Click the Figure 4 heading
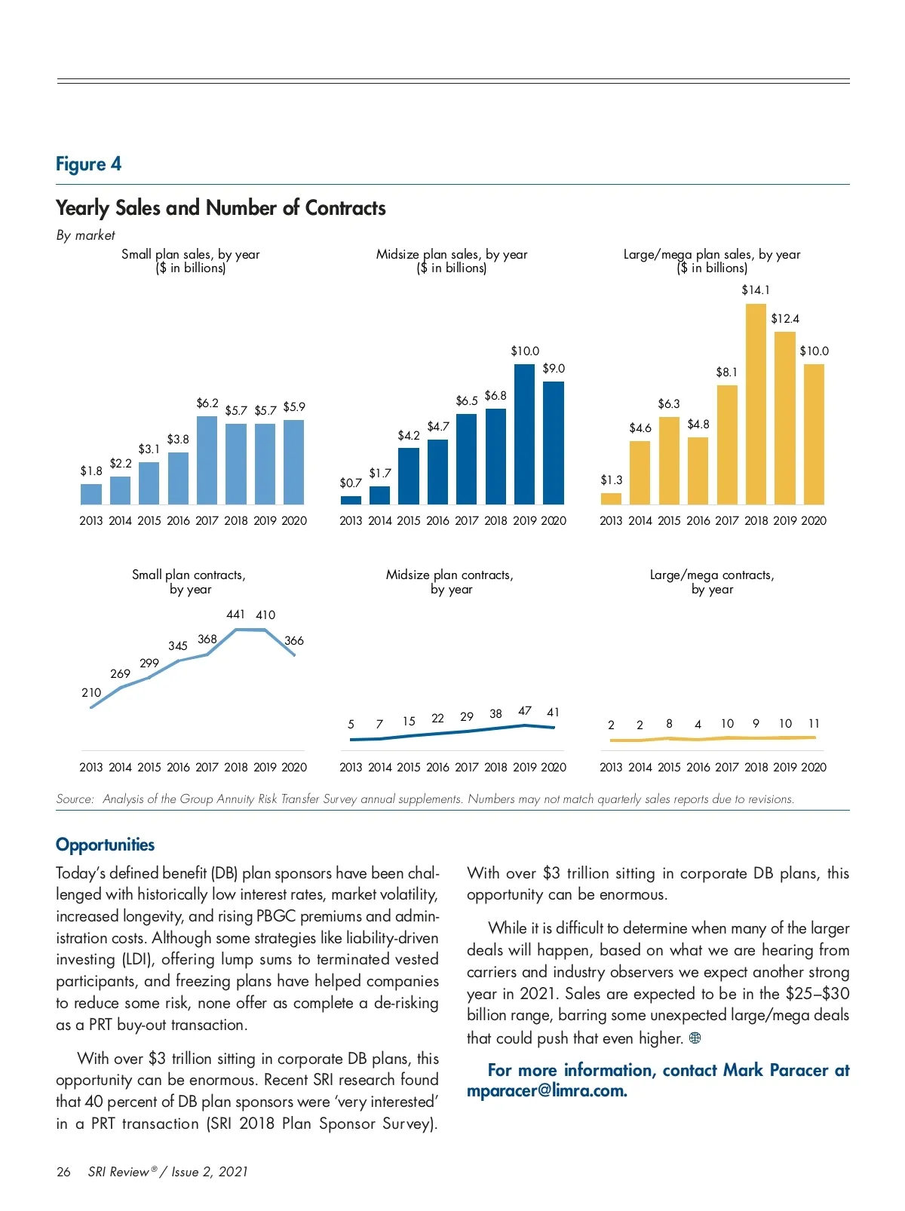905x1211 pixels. [88, 164]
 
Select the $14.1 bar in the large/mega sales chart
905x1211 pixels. [756, 403]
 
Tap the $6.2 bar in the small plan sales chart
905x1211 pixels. [207, 460]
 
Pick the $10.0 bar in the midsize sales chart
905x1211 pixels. [524, 434]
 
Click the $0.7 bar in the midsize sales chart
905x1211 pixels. [351, 500]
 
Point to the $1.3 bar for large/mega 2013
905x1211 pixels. [611, 498]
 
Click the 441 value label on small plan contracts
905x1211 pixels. [235, 615]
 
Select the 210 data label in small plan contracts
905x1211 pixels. [91, 692]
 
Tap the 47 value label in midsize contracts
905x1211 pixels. [525, 711]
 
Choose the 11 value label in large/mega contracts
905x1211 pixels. [814, 724]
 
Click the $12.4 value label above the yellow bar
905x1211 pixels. [785, 319]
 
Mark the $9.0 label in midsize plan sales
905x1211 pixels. [554, 369]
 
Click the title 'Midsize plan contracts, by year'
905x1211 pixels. [449, 581]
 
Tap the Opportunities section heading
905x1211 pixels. [105, 845]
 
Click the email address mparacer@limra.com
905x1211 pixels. [547, 1091]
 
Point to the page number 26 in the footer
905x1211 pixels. [63, 1172]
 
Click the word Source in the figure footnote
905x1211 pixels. [75, 799]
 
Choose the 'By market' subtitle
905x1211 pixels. [85, 235]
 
